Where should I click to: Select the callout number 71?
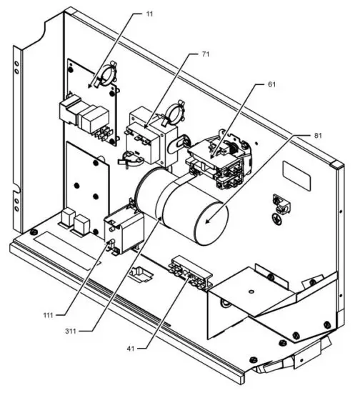tap(205, 55)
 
